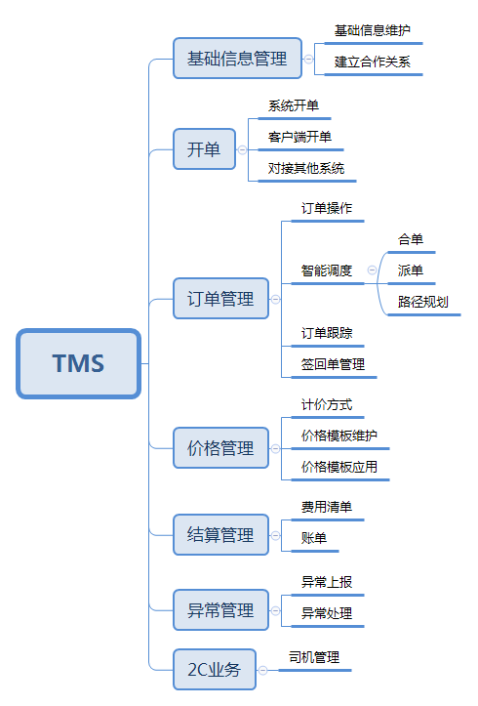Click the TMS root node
(78, 363)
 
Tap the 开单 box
(204, 149)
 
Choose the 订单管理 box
(219, 299)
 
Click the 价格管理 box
(219, 448)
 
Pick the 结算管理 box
(219, 534)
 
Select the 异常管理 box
(219, 610)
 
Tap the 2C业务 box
(214, 670)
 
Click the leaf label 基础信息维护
(372, 30)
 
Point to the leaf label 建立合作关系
(372, 62)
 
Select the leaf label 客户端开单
(299, 137)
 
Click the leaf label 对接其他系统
(305, 168)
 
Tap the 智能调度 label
(327, 270)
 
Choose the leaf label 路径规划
(423, 302)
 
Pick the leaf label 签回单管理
(333, 364)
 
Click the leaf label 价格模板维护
(339, 435)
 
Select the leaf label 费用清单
(327, 507)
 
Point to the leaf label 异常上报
(327, 582)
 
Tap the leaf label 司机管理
(314, 657)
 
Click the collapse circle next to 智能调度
(372, 270)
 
